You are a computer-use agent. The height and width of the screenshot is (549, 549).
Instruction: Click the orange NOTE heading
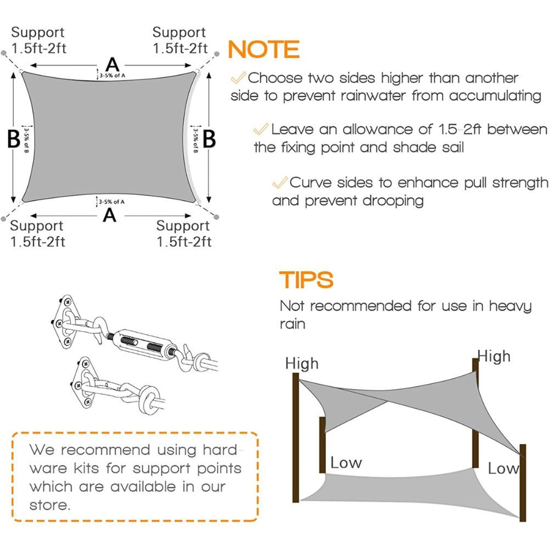click(x=264, y=49)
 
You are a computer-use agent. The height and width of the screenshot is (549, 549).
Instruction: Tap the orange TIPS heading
click(x=306, y=279)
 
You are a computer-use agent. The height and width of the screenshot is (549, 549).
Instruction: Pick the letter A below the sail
click(x=110, y=215)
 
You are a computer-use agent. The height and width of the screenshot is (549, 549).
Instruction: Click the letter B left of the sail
click(x=14, y=139)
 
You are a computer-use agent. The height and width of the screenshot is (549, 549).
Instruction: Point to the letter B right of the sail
click(x=209, y=139)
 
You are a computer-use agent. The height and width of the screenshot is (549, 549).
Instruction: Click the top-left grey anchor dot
click(x=4, y=53)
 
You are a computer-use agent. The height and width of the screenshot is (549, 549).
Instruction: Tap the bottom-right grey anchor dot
click(x=216, y=217)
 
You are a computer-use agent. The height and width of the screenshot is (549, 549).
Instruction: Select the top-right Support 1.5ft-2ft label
click(x=180, y=40)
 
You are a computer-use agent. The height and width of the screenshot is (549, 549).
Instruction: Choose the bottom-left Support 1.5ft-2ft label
click(x=37, y=233)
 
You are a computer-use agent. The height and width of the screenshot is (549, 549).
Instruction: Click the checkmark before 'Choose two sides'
click(x=238, y=77)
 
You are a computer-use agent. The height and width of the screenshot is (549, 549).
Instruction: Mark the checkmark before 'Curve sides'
click(x=280, y=182)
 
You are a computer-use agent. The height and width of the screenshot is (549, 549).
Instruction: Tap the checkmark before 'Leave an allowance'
click(x=261, y=129)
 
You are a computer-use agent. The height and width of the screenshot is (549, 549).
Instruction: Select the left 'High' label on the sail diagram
click(x=302, y=363)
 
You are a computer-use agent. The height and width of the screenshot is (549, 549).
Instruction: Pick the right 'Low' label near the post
click(x=503, y=468)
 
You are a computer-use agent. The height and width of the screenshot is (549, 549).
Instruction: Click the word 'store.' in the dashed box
click(x=50, y=505)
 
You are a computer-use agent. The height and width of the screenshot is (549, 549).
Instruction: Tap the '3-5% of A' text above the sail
click(x=113, y=75)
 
